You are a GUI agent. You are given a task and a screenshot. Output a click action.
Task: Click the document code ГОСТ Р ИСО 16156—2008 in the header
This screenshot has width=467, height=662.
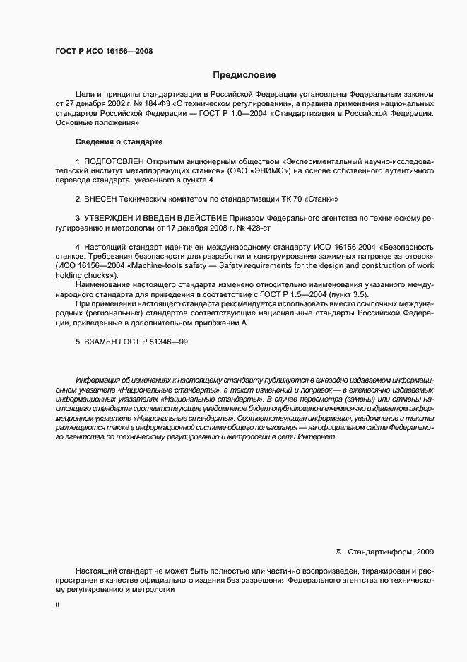click(104, 51)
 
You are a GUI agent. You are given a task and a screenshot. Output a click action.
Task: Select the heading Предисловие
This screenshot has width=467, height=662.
click(244, 74)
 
